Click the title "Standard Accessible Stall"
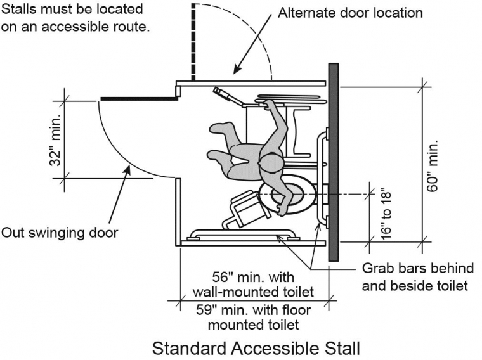coord(256,348)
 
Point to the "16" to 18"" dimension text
coord(388,212)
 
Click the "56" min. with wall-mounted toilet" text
coord(254,284)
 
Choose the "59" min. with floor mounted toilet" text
coord(254,318)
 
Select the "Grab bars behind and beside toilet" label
coord(414,276)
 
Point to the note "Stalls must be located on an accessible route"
coord(75,18)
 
